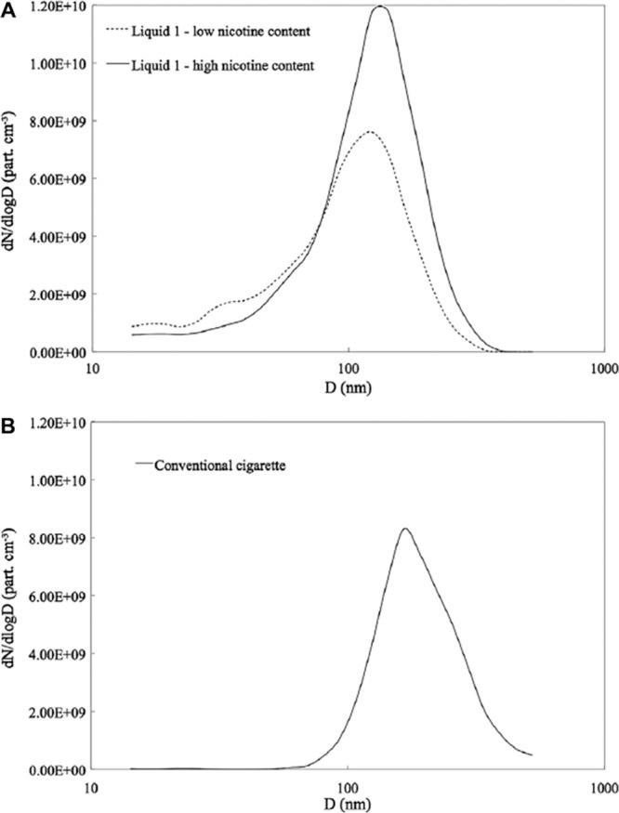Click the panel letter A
tap(7, 8)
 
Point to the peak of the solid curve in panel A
tap(380, 7)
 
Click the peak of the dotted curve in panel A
tap(369, 132)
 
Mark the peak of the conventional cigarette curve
tap(404, 529)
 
